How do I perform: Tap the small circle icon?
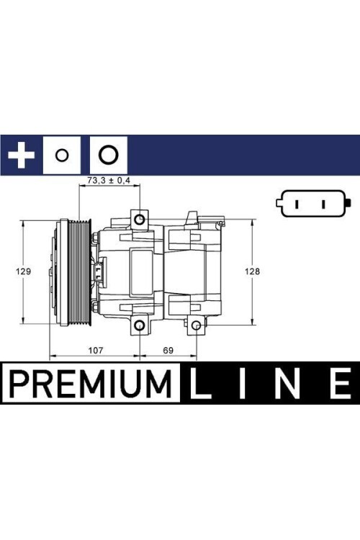point(63,155)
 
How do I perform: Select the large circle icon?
point(108,154)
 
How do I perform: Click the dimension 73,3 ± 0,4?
point(108,181)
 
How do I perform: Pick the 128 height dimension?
point(251,271)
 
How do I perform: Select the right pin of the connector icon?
point(322,203)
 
